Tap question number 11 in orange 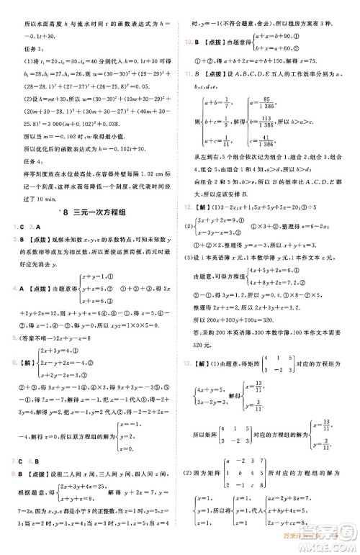[x=188, y=72]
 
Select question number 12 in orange [x=188, y=205]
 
